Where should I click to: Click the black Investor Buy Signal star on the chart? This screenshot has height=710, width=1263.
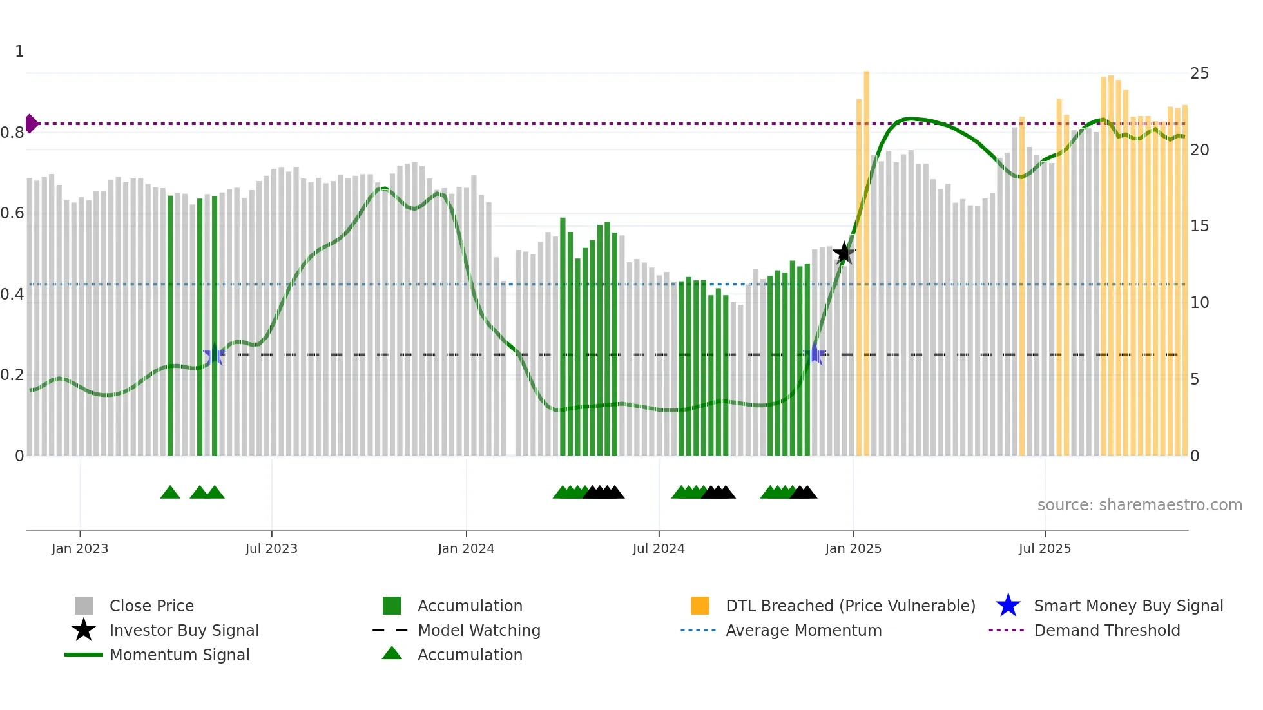tap(844, 253)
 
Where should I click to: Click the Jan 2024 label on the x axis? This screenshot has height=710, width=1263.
tap(466, 548)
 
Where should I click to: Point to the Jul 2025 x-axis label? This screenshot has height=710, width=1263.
tap(1045, 548)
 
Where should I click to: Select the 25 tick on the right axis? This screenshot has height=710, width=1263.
tap(1199, 73)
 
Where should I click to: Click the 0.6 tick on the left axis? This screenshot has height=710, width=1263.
tap(12, 213)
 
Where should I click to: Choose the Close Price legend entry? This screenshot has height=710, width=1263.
tap(151, 606)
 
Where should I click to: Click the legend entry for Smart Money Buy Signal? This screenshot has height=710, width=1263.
tap(1128, 606)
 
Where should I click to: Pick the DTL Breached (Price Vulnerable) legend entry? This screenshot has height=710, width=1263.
tap(850, 606)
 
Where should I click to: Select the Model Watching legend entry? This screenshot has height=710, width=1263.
tap(479, 630)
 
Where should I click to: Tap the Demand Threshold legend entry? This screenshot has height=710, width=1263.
tap(1106, 630)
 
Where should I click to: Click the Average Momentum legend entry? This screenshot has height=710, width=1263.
tap(804, 630)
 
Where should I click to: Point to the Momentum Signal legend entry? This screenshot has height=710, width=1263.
tap(179, 655)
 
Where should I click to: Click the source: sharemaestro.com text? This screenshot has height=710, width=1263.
tap(1139, 505)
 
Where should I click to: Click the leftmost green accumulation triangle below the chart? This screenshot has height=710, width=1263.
tap(170, 493)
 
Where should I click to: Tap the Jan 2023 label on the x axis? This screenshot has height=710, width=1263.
tap(80, 548)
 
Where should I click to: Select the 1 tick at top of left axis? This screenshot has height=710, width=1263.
tap(19, 52)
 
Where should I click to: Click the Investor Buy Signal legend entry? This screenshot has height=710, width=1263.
tap(184, 630)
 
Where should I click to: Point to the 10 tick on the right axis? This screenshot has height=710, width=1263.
tap(1199, 303)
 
